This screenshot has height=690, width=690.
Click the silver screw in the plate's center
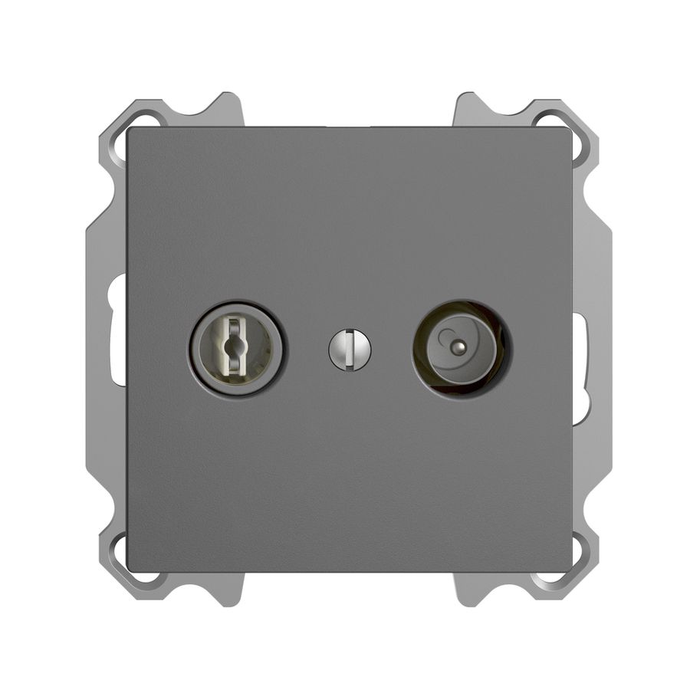coord(350,350)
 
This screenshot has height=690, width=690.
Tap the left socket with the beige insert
coord(236,349)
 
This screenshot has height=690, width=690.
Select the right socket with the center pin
coord(458,348)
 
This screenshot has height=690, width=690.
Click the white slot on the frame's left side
coord(117,330)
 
